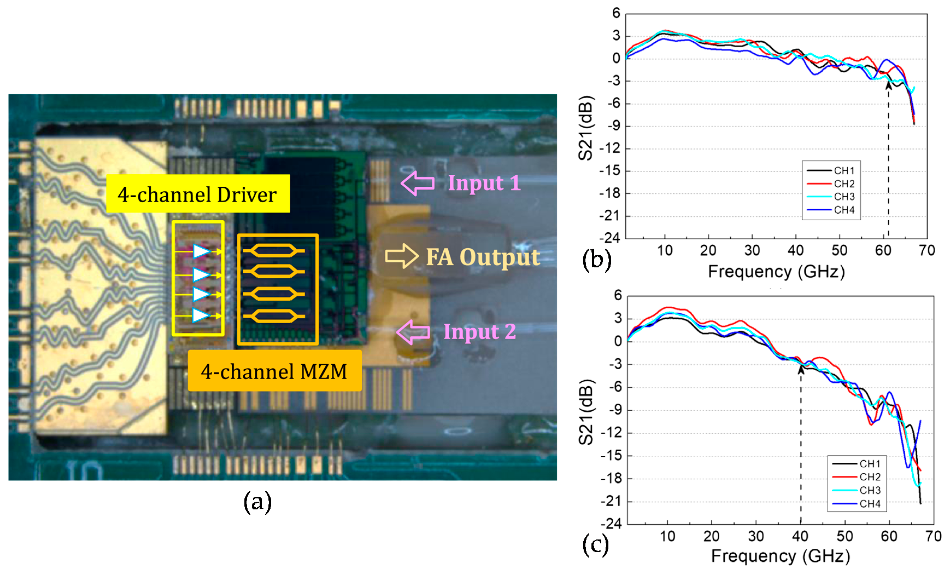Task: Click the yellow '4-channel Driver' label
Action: pos(198,194)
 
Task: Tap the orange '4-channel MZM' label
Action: pos(274,371)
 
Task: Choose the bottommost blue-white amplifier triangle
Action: pos(201,315)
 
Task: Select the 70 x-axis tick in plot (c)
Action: pos(933,536)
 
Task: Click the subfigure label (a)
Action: pos(257,502)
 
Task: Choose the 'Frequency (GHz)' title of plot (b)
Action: pos(776,272)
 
